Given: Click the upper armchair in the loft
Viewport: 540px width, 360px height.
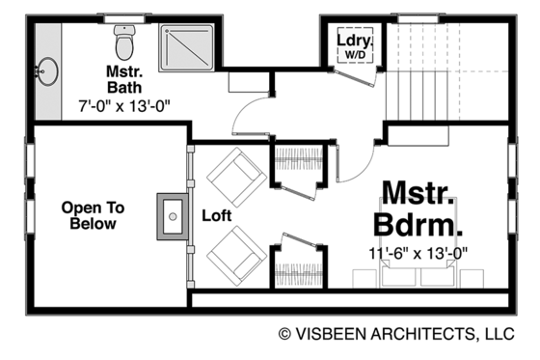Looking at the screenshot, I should point(234,176).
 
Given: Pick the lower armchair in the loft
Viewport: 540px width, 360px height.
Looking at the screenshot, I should point(234,256).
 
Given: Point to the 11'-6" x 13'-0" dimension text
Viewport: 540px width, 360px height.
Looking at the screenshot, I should point(418,254).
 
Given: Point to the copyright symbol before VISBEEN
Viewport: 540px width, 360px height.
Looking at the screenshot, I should point(285,335).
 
